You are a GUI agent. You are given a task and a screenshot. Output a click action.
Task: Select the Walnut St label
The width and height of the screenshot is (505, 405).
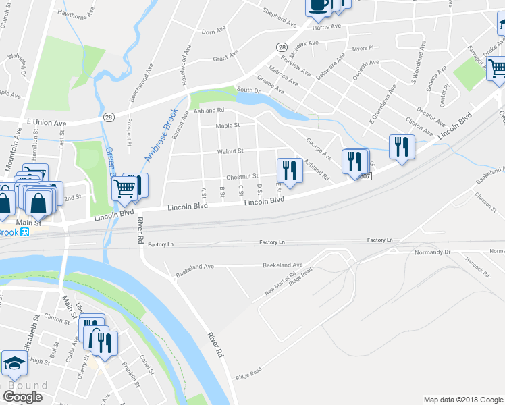click(230, 151)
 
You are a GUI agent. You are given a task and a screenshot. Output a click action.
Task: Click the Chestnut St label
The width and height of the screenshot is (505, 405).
click(242, 177)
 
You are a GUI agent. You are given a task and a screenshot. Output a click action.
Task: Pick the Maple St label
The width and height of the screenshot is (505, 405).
click(228, 126)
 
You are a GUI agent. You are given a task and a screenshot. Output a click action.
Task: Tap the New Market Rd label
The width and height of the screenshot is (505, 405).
click(280, 289)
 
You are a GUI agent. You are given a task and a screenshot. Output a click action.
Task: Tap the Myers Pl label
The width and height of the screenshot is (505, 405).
click(363, 49)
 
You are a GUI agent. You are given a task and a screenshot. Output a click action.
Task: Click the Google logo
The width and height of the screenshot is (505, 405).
click(23, 396)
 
